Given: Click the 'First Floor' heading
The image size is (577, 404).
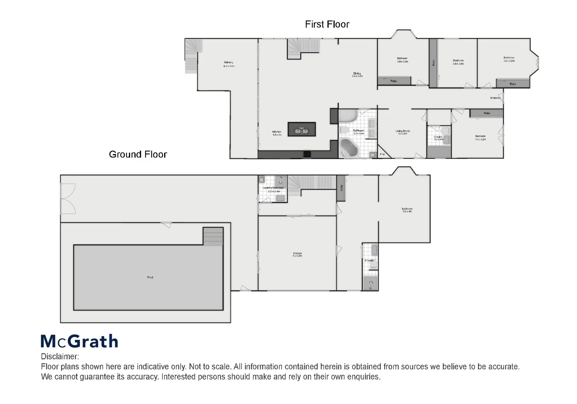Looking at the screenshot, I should click(x=327, y=24).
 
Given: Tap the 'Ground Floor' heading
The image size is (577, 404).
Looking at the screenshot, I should click(x=138, y=154).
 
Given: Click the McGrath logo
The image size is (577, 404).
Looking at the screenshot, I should click(x=79, y=341).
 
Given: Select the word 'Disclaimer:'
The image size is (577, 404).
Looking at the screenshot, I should click(x=60, y=356).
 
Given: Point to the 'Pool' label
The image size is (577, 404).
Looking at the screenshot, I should click(x=150, y=278).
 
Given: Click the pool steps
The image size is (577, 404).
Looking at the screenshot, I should click(x=213, y=236).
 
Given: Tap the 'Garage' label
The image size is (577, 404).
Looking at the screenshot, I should click(x=297, y=254).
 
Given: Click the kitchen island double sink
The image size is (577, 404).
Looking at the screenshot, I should click(x=301, y=131).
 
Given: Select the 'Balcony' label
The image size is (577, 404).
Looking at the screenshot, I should click(x=228, y=63).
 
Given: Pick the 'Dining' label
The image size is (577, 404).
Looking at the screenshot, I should click(x=357, y=74).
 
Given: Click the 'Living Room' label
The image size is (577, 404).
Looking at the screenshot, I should click(x=403, y=131).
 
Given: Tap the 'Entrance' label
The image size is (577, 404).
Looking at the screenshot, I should click(x=495, y=98).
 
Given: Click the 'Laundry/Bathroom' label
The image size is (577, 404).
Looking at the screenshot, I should click(x=273, y=188).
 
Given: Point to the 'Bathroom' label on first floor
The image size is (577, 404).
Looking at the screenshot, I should click(x=358, y=131).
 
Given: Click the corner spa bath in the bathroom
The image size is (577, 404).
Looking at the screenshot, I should click(x=349, y=149).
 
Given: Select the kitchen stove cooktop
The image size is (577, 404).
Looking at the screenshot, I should click(x=307, y=154).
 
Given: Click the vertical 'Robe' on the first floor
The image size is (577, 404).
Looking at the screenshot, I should click(x=433, y=63).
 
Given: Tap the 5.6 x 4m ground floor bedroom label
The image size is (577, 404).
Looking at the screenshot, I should click(x=407, y=209).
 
